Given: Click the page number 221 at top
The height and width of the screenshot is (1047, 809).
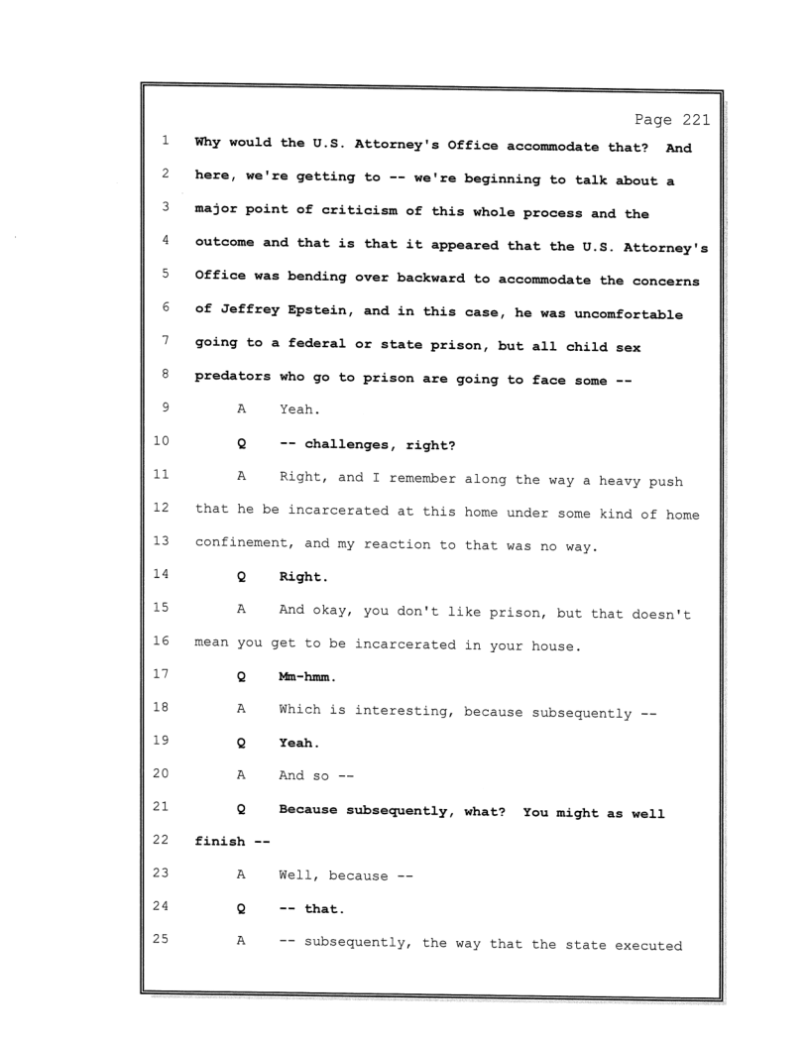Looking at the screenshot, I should pyautogui.click(x=691, y=121).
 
